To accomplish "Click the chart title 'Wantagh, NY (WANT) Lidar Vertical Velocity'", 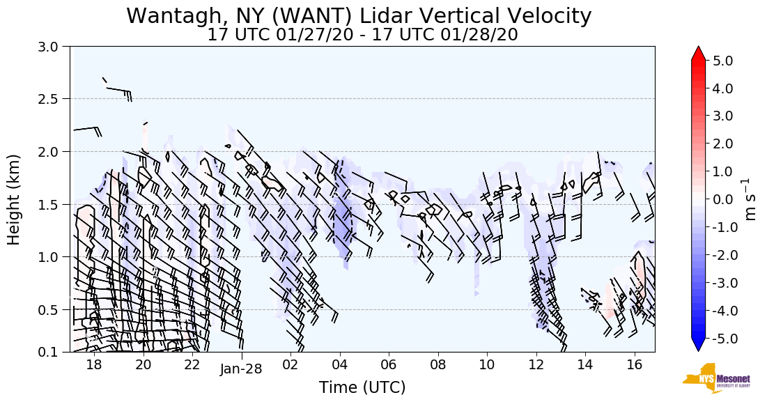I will point(359,15).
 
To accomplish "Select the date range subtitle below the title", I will point(362,35).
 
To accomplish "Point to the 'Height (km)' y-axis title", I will point(14,199).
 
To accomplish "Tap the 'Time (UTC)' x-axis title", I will point(362,387).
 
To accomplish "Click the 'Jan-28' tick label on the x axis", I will point(241,369).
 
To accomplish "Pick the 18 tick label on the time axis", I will point(94,365).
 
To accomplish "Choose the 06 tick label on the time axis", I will point(389,365).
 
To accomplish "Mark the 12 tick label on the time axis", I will point(536,365).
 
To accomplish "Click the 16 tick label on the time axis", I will point(634,365).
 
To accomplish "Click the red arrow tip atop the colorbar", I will point(699,53).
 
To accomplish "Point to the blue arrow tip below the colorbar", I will point(699,345).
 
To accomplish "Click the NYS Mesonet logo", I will point(716,378).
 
